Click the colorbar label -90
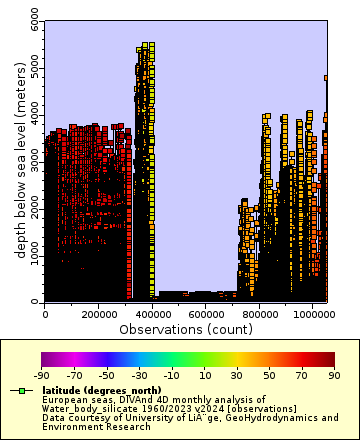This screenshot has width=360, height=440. click(42, 374)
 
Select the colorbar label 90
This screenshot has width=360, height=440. click(334, 374)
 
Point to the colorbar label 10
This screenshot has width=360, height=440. click(204, 374)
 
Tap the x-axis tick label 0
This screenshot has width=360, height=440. click(45, 313)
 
